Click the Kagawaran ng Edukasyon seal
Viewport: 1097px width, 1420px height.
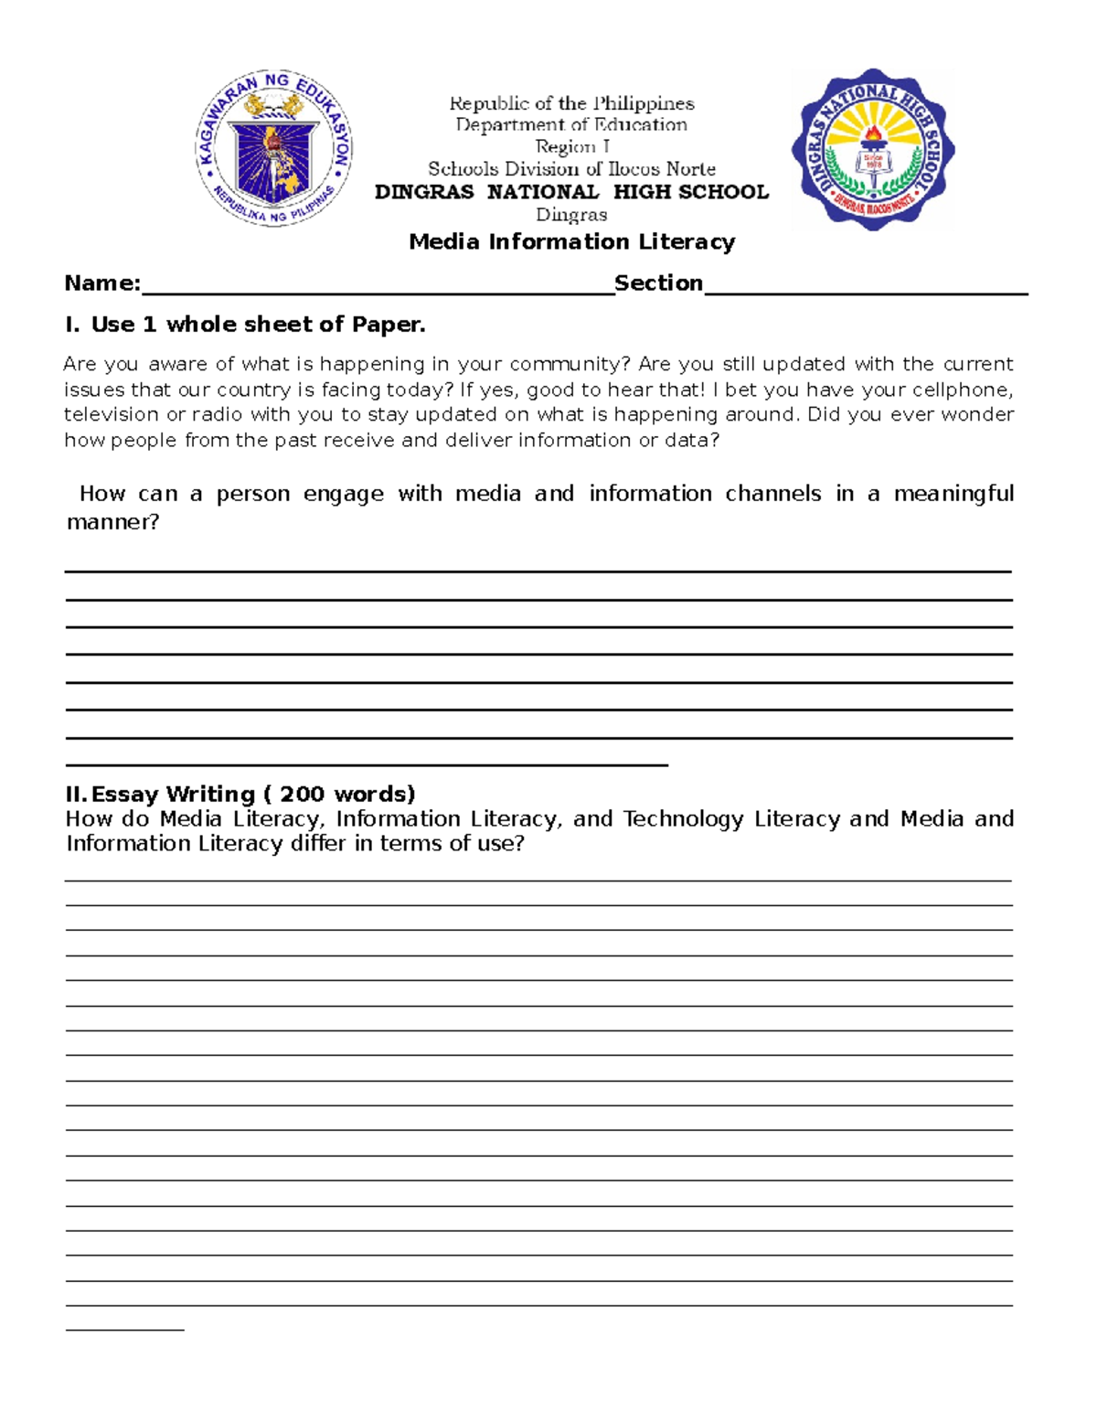pyautogui.click(x=273, y=148)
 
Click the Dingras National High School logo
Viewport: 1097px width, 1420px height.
pyautogui.click(x=873, y=148)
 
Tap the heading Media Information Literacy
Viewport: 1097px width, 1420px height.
pyautogui.click(x=571, y=242)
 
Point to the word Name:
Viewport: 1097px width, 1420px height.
pyautogui.click(x=102, y=283)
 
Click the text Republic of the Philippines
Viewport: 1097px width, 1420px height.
pyautogui.click(x=571, y=103)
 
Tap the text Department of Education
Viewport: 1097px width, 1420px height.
pyautogui.click(x=571, y=125)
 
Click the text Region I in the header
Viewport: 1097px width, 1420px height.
pyautogui.click(x=572, y=147)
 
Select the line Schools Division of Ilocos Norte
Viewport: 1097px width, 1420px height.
pyautogui.click(x=571, y=169)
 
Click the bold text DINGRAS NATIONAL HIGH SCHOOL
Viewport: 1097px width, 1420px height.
pyautogui.click(x=571, y=192)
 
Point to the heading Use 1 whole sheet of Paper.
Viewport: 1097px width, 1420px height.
pyautogui.click(x=258, y=325)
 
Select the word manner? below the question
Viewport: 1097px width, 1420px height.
pyautogui.click(x=112, y=523)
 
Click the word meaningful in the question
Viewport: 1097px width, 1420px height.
pyautogui.click(x=953, y=495)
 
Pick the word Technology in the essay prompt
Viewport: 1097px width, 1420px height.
pyautogui.click(x=683, y=819)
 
